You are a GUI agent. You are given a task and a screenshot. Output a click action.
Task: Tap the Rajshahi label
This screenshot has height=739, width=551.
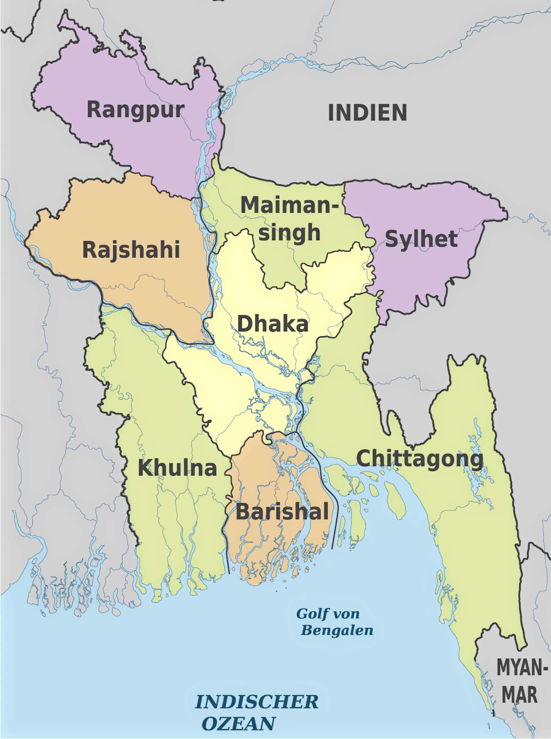[x=131, y=250]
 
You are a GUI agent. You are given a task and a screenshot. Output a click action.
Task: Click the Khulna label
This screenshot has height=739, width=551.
[x=177, y=468]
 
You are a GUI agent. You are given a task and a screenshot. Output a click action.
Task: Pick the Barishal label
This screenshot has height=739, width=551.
[x=282, y=512]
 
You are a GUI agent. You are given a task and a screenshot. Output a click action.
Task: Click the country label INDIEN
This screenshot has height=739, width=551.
[x=367, y=113]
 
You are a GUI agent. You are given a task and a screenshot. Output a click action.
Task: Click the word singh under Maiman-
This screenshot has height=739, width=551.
[x=289, y=233]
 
